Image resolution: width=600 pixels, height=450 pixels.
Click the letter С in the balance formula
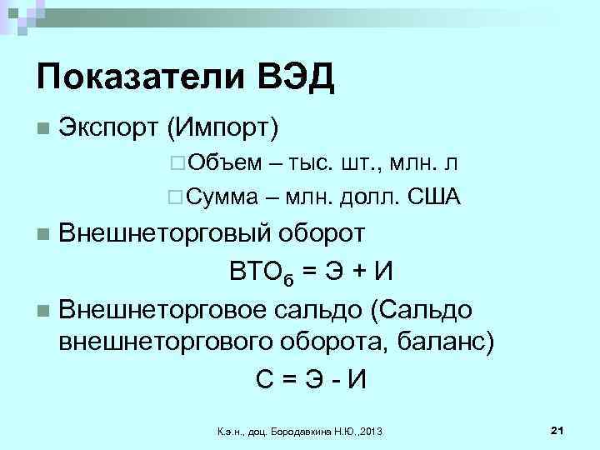click(264, 377)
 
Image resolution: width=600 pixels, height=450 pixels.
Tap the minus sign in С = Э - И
click(334, 378)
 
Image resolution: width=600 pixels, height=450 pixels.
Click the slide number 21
click(558, 429)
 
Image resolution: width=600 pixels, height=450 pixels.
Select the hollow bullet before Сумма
click(173, 197)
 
